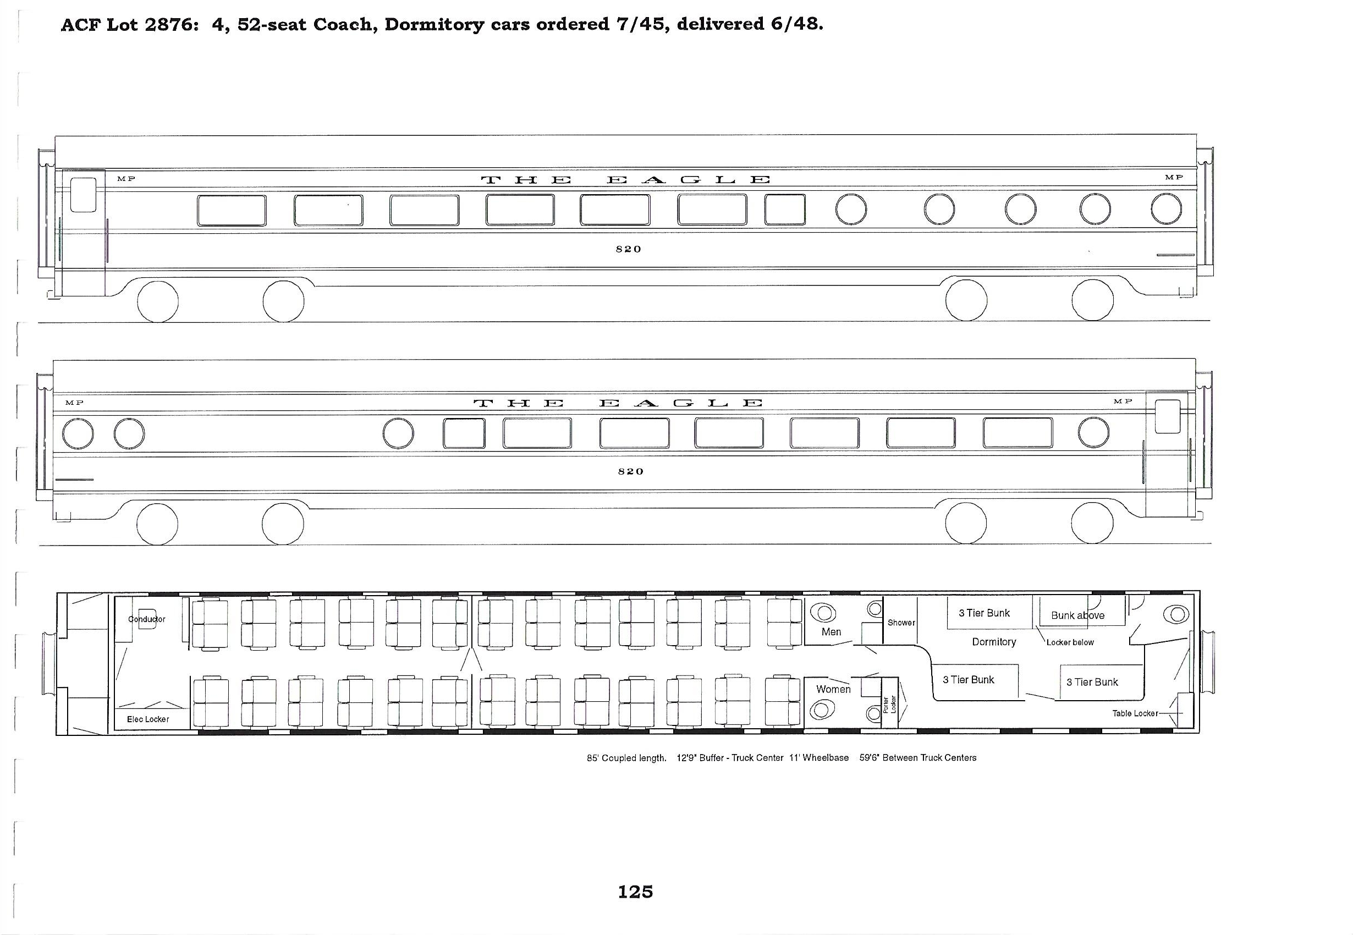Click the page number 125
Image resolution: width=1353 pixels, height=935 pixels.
635,892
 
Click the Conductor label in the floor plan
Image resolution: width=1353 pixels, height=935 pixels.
147,619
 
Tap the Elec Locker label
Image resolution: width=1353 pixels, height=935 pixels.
148,719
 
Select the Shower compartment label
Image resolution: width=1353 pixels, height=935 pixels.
901,622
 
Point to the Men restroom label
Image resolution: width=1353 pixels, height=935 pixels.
831,631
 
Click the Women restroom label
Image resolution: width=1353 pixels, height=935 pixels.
833,689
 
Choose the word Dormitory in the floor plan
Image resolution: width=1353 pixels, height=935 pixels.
994,641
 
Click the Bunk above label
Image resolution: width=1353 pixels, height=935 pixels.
1077,615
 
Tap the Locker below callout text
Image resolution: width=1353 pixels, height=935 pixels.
1070,642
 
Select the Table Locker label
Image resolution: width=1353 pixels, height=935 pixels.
1135,713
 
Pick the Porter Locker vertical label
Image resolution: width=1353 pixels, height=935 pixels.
889,704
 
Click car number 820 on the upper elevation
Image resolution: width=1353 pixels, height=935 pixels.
629,249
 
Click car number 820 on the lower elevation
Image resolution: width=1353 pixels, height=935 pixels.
631,471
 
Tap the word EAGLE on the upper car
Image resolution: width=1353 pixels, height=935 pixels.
688,179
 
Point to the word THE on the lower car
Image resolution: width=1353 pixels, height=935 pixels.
518,403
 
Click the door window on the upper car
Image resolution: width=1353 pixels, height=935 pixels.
83,195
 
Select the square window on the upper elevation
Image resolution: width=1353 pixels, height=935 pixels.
785,210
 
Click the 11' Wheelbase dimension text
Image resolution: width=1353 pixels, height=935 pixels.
819,757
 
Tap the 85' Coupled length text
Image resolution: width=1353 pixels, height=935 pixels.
626,758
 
